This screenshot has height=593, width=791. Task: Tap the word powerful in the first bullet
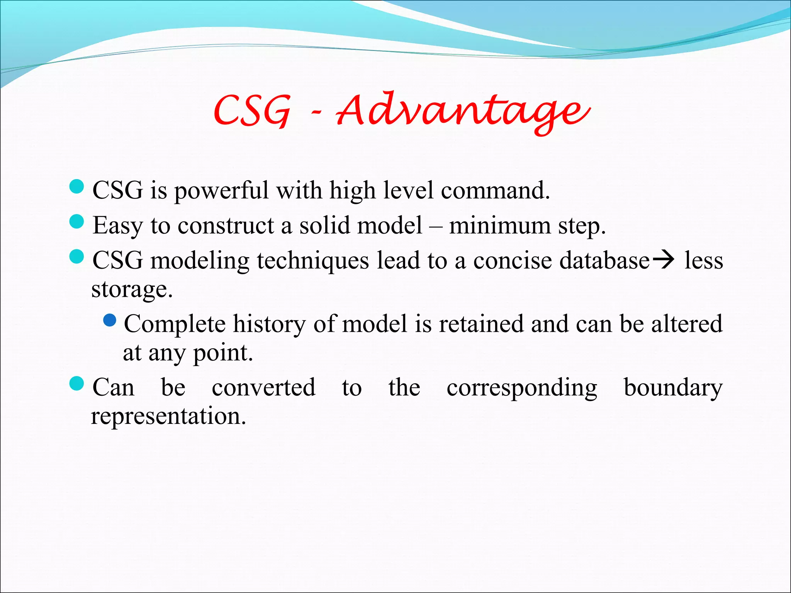click(x=221, y=191)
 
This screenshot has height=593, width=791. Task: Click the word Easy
click(x=117, y=226)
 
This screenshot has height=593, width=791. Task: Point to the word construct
click(x=226, y=226)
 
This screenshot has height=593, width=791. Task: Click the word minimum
click(x=500, y=226)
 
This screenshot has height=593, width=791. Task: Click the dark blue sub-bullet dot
click(x=110, y=320)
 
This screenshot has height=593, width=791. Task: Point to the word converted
click(x=264, y=388)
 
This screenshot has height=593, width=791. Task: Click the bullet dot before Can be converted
click(x=76, y=384)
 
